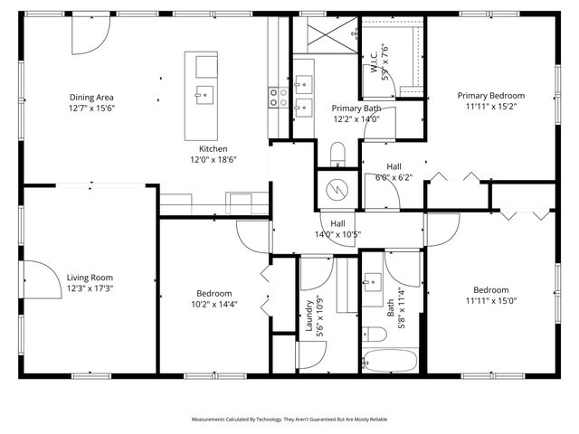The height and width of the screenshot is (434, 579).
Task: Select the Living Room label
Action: pyautogui.click(x=89, y=278)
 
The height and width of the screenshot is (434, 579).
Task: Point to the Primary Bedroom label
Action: pyautogui.click(x=491, y=95)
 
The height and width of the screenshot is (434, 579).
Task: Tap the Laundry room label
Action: pyautogui.click(x=308, y=318)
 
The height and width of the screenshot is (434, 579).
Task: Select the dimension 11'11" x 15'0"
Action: pyautogui.click(x=491, y=301)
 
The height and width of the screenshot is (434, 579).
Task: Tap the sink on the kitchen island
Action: pyautogui.click(x=205, y=91)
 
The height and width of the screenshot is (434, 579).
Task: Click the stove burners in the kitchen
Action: pyautogui.click(x=278, y=97)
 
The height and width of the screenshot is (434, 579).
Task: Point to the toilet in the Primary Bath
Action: pyautogui.click(x=337, y=155)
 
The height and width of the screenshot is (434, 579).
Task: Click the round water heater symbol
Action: pyautogui.click(x=337, y=190)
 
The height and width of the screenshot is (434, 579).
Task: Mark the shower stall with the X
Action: pyautogui.click(x=325, y=36)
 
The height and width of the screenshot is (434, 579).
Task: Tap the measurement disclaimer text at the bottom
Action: pyautogui.click(x=289, y=420)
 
